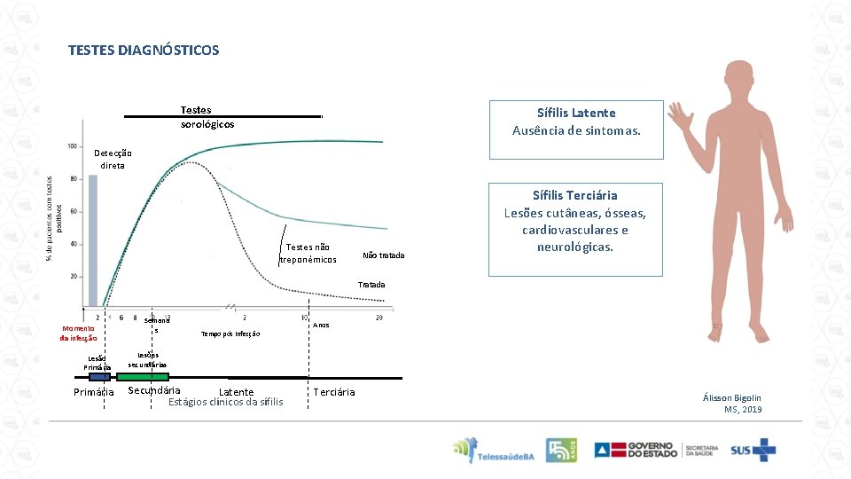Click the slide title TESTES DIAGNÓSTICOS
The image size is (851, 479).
click(143, 51)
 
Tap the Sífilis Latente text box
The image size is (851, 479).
click(575, 130)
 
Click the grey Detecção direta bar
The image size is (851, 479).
click(92, 239)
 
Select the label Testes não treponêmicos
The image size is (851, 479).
click(308, 254)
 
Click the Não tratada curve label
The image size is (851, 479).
click(383, 255)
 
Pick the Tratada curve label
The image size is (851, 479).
click(371, 285)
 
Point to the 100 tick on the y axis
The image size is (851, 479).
click(70, 146)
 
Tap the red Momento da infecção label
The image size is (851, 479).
click(78, 334)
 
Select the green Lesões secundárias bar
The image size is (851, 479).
click(142, 377)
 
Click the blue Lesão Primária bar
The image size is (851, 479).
click(98, 377)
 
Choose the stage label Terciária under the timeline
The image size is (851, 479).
click(334, 392)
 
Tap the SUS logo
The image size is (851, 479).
click(752, 451)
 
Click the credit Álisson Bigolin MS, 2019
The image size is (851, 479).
click(730, 404)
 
